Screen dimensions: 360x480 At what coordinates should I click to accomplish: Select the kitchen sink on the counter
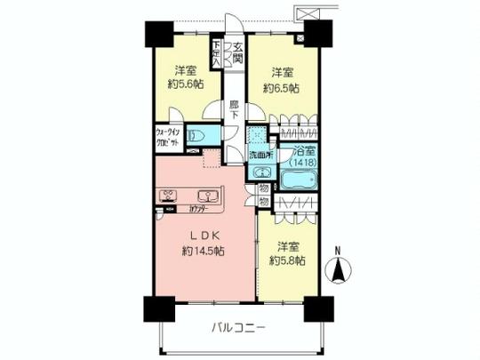(208, 196)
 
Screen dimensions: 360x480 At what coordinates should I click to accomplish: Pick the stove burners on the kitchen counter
(168, 196)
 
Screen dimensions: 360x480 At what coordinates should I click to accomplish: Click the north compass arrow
(338, 268)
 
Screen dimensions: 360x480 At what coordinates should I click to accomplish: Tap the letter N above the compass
(338, 250)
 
